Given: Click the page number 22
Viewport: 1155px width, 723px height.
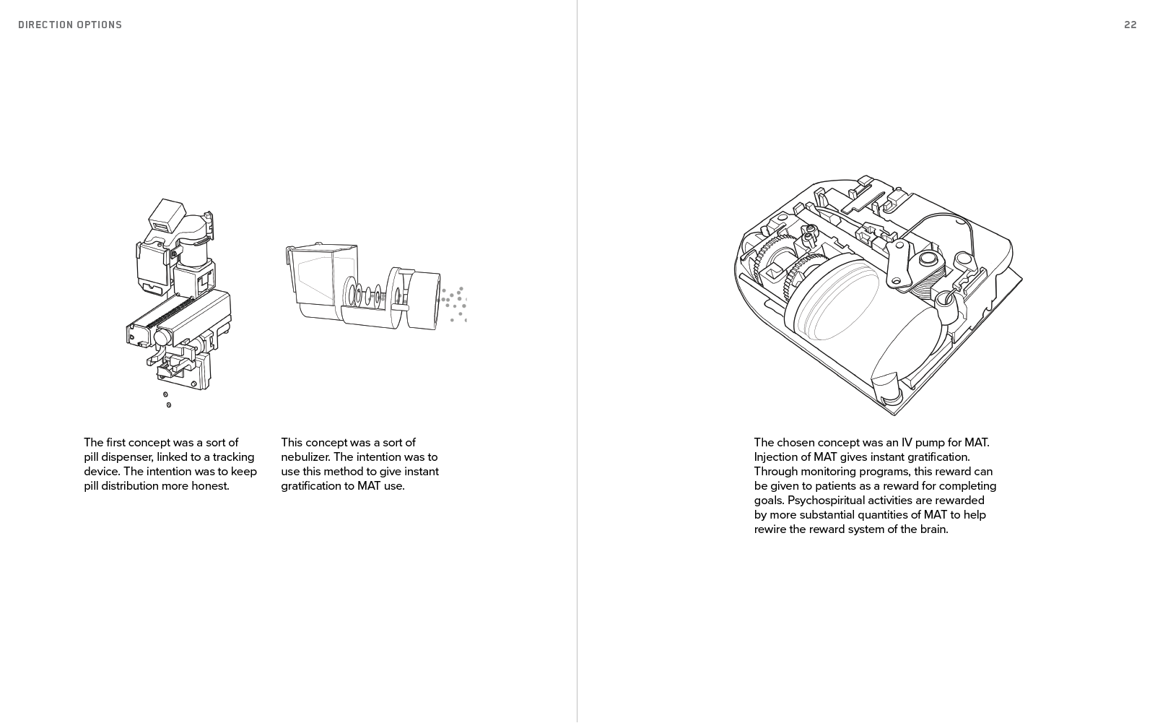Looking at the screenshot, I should (x=1130, y=25).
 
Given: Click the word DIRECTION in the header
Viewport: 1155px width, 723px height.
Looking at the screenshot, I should (x=45, y=25).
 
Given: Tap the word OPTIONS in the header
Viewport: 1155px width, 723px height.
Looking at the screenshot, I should (x=100, y=25).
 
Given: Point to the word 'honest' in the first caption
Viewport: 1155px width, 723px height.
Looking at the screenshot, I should (x=209, y=485).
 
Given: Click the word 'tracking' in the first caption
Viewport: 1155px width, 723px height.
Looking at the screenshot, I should (x=233, y=456).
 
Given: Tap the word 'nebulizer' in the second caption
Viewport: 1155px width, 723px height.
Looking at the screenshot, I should (x=305, y=456).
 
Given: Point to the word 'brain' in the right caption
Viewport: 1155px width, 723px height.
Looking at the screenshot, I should (x=930, y=529).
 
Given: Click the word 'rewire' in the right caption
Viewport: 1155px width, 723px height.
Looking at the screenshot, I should (x=772, y=529).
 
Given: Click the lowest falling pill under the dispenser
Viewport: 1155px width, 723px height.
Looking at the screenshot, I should (x=169, y=405).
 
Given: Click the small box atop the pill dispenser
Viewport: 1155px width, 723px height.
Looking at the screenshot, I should (x=167, y=215).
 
